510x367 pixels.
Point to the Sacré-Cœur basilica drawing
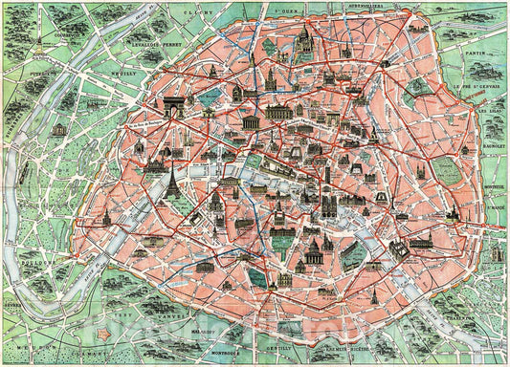click(x=304, y=43)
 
